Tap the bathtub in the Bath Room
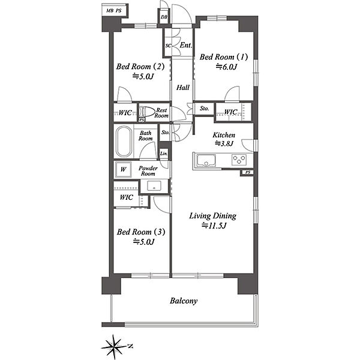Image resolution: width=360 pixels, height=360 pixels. click(124, 142)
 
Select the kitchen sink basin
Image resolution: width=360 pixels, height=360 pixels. click(206, 160)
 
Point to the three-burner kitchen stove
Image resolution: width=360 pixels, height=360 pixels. click(239, 160)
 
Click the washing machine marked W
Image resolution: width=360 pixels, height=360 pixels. click(123, 169)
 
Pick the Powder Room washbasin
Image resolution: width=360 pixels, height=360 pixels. click(154, 186)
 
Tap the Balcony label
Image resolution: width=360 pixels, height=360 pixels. click(184, 301)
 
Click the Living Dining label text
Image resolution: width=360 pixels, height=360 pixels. click(212, 216)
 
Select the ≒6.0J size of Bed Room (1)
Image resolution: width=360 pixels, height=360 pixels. click(226, 67)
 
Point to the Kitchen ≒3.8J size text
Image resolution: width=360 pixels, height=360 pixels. click(224, 143)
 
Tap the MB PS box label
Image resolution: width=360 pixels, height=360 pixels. click(114, 11)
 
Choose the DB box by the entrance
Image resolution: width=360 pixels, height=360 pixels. click(164, 17)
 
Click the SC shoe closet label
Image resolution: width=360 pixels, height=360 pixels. click(168, 46)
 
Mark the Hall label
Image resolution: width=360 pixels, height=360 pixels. click(183, 88)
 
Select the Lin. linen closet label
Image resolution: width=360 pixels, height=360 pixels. click(164, 154)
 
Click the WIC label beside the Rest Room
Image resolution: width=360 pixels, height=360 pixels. click(125, 113)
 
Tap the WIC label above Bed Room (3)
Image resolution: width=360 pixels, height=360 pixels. click(126, 197)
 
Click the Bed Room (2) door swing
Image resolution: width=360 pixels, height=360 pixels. click(124, 94)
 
